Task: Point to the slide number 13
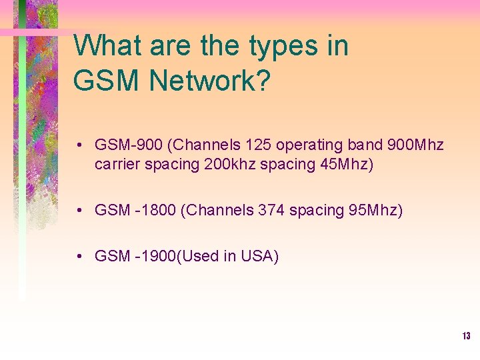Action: [466, 336]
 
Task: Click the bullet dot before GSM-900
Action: [79, 145]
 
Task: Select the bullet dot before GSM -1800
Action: [79, 211]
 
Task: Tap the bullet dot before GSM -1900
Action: [79, 256]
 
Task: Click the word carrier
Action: [117, 164]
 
